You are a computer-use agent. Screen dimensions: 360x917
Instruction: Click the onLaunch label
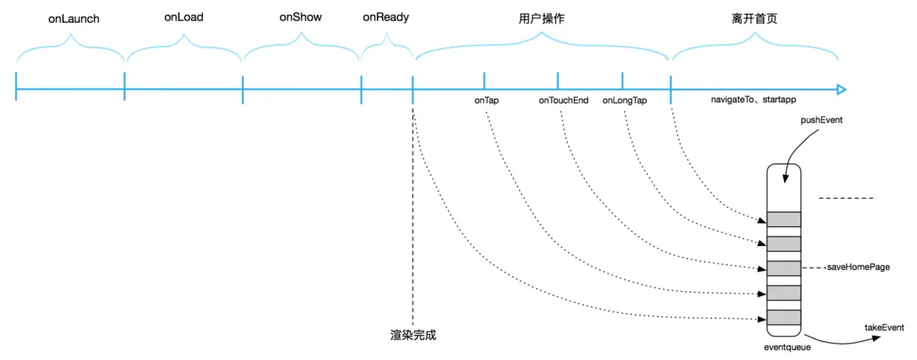pos(74,18)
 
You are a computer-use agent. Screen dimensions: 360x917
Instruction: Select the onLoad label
pos(183,17)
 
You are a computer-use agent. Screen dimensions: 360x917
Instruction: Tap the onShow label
pos(300,17)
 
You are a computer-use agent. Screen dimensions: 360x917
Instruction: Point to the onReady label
pos(386,17)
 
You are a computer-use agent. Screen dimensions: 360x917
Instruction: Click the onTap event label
pos(487,100)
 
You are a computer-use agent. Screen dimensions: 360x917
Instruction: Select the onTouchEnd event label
pos(564,100)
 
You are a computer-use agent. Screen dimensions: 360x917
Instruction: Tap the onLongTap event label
pos(625,100)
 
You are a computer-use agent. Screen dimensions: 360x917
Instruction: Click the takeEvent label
pos(884,327)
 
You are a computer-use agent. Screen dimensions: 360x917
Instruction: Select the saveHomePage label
pos(857,268)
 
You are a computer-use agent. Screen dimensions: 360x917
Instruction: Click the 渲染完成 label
pos(413,335)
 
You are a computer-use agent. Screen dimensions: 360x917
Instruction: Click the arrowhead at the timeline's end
pos(841,90)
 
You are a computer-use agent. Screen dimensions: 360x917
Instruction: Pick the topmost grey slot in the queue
pos(784,219)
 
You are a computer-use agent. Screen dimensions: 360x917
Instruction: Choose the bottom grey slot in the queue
pos(784,318)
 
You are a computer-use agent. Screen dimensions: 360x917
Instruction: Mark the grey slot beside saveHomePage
pos(784,268)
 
